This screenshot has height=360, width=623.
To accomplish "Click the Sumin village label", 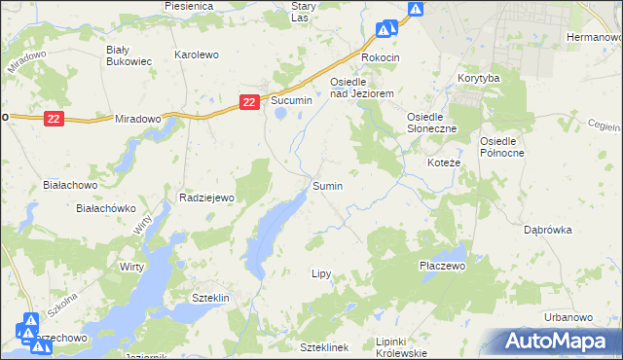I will coord(327,185).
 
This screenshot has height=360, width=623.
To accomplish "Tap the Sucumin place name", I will coord(291,100).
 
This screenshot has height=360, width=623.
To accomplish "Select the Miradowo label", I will coord(137,118).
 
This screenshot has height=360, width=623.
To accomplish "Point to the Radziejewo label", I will coord(208,198).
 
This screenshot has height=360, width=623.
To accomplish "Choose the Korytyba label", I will coord(478,77).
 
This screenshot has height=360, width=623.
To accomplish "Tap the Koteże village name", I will coord(444,162).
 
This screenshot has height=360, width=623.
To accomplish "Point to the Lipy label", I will coord(322,274).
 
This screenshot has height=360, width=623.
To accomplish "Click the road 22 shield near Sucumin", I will coord(249,101).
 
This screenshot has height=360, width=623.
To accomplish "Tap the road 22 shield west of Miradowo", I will coord(53,119).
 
